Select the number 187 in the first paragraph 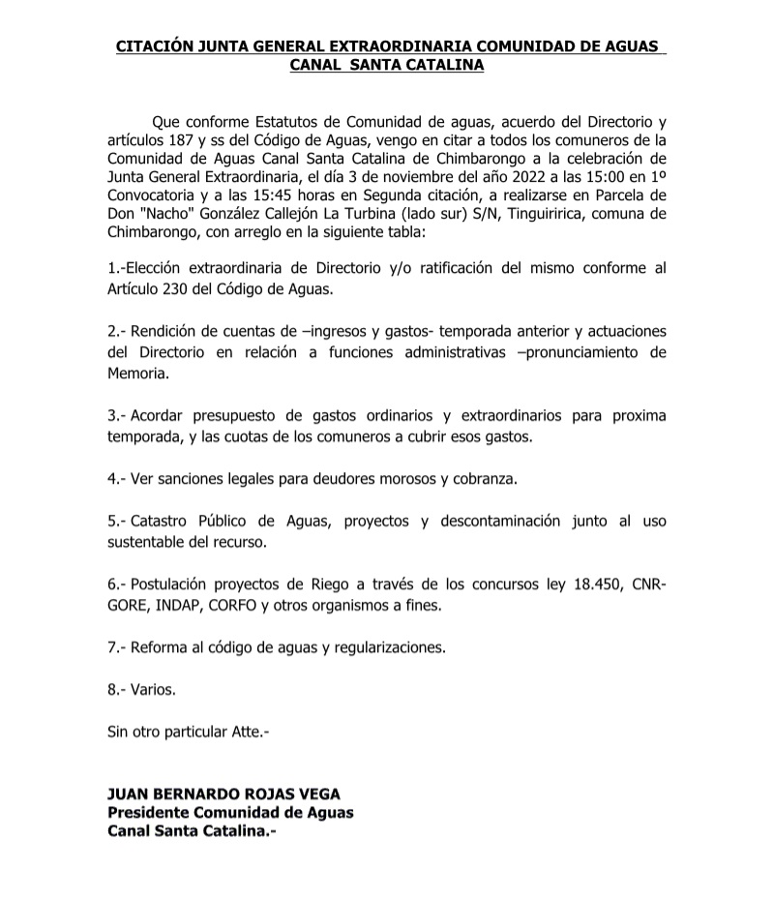pyautogui.click(x=182, y=140)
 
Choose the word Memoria pyautogui.click(x=138, y=371)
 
